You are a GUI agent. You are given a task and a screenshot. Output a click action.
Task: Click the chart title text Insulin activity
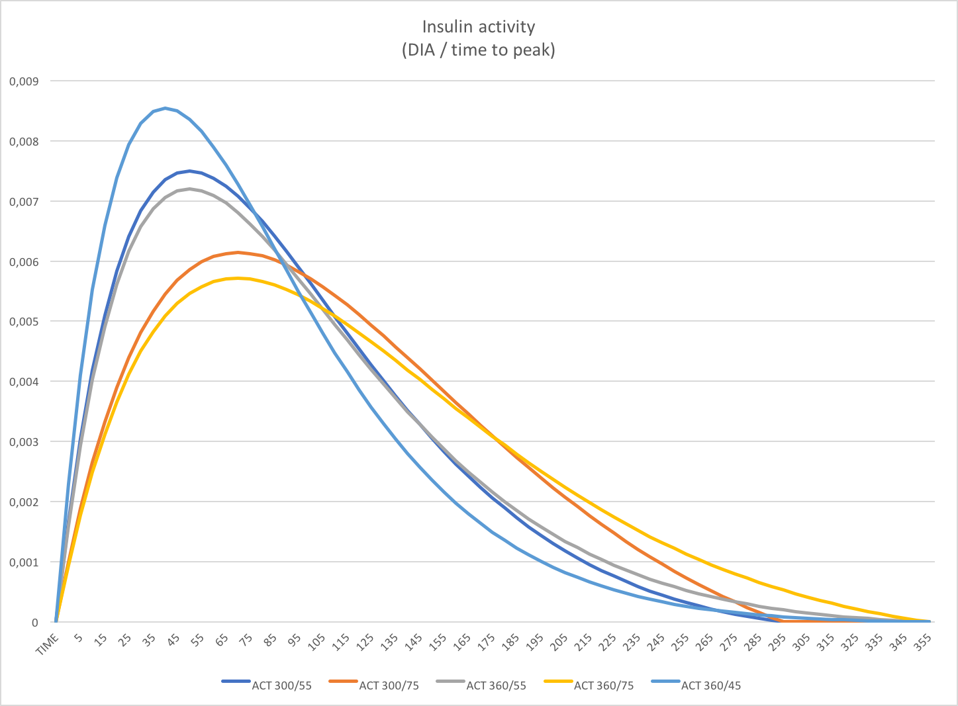(x=478, y=27)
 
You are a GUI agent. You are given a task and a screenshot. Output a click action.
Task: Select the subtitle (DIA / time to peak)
(x=478, y=50)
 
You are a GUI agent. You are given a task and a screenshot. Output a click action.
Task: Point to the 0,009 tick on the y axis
(x=24, y=81)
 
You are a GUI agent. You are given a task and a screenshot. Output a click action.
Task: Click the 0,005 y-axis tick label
(x=24, y=322)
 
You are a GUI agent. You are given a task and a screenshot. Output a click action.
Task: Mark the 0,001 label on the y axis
(x=24, y=562)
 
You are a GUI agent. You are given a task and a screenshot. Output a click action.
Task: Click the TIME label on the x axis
(x=48, y=644)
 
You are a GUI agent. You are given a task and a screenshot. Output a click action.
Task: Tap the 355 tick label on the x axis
(x=923, y=640)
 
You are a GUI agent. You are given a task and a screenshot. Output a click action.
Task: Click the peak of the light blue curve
(x=165, y=108)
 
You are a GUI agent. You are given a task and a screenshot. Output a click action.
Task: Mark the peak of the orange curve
(x=238, y=252)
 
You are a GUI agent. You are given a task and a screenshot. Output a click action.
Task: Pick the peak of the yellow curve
(x=238, y=278)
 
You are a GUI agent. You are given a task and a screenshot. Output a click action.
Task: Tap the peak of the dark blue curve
(x=189, y=171)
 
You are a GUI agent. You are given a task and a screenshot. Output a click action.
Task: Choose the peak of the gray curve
(x=189, y=189)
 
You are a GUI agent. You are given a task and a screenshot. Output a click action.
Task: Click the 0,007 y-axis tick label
(x=24, y=201)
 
